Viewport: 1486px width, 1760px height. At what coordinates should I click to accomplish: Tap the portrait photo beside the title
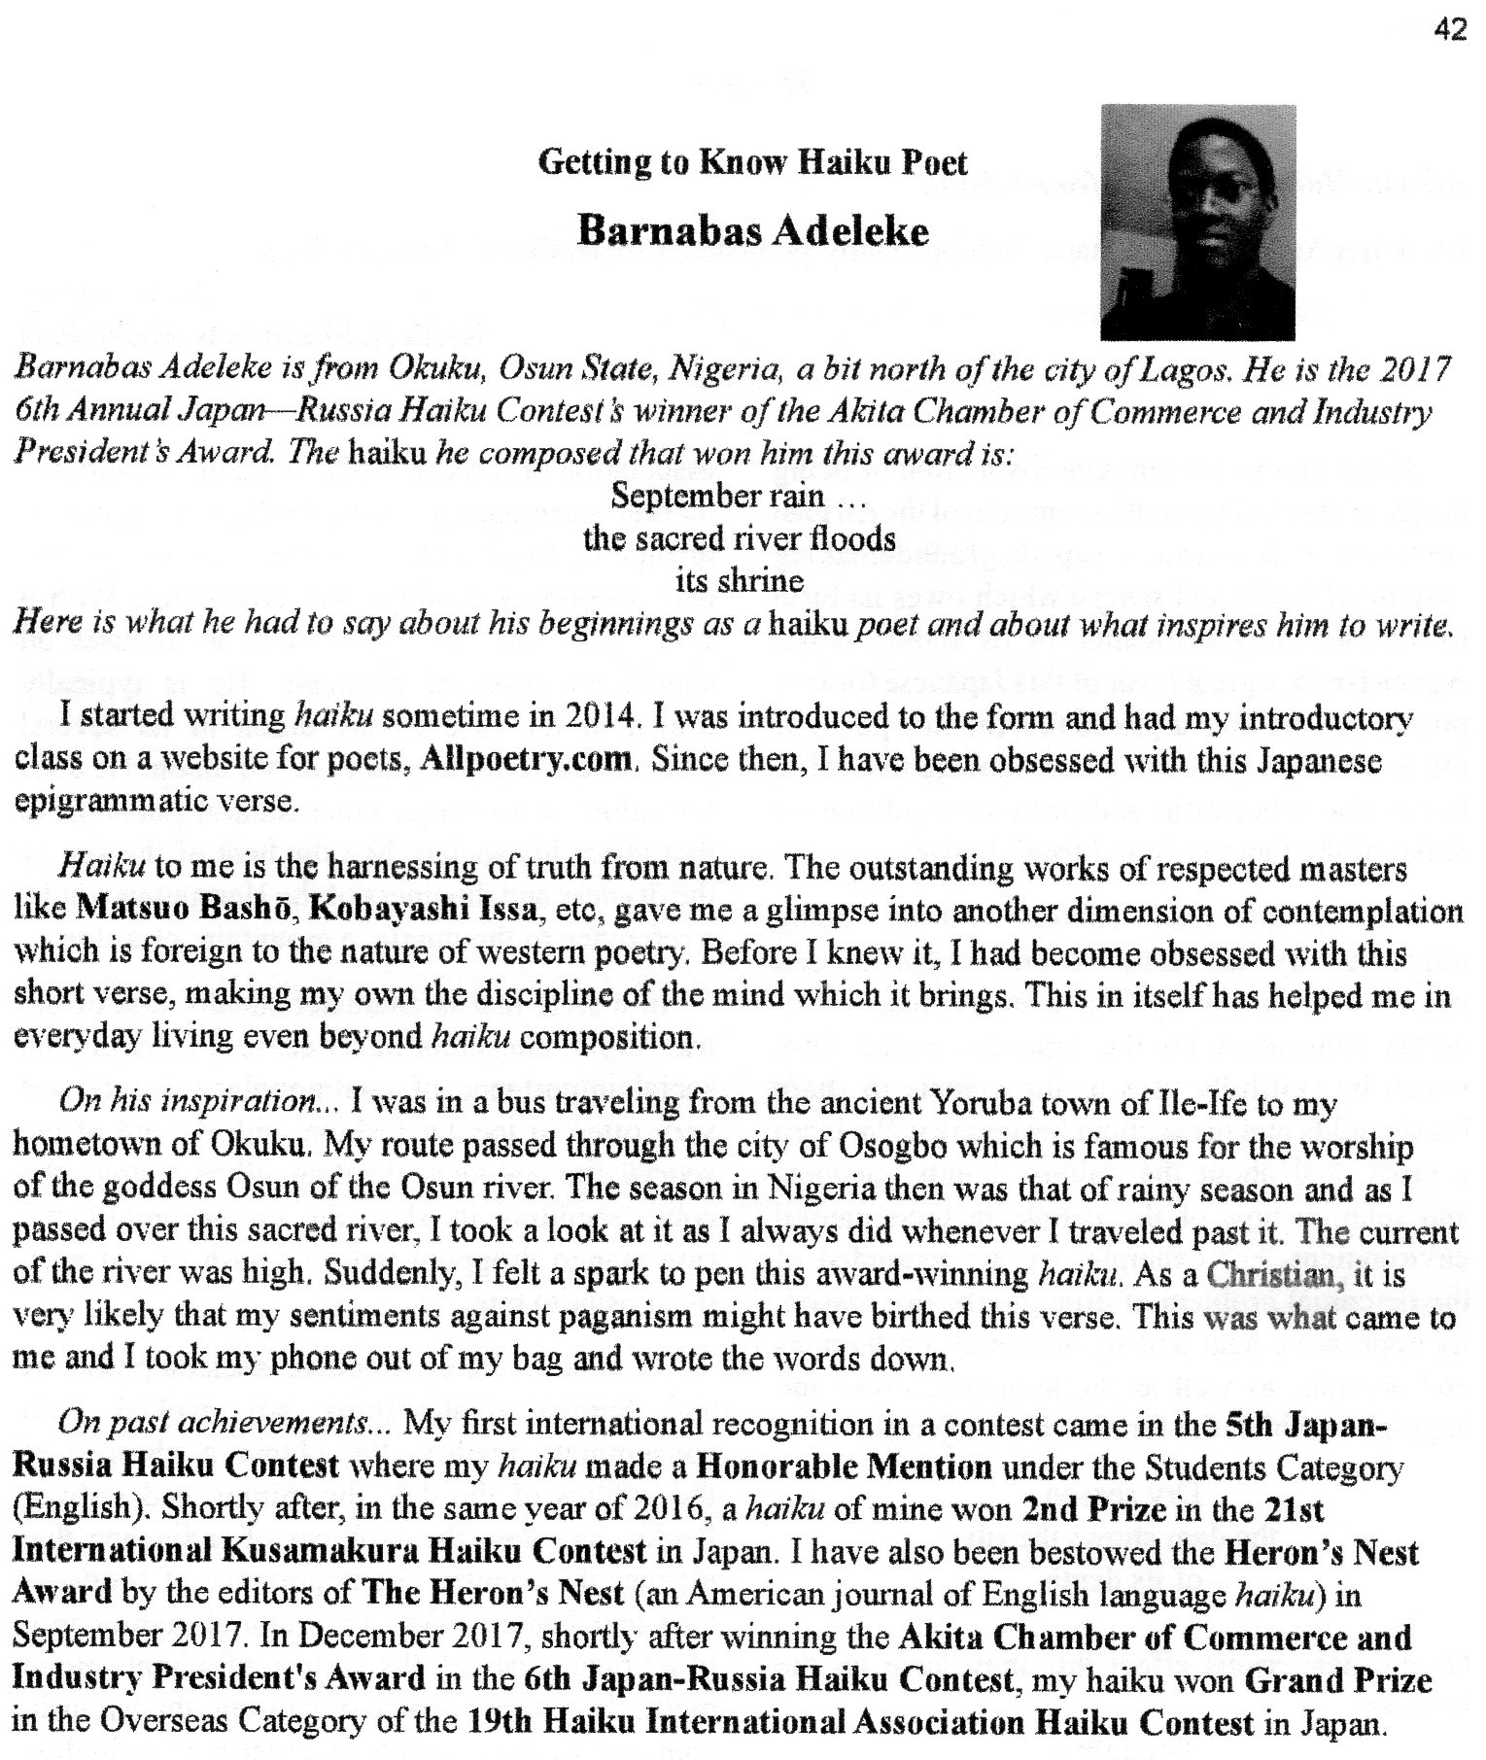[1198, 222]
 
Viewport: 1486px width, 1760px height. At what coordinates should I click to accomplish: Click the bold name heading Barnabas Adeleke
[752, 232]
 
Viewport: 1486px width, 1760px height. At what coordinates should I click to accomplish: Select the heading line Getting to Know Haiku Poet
[752, 162]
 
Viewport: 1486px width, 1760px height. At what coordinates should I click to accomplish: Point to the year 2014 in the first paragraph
[601, 716]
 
